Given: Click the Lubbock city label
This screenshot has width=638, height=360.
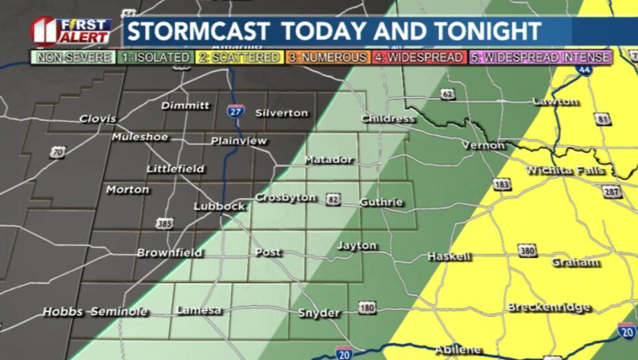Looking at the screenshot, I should click(x=219, y=206).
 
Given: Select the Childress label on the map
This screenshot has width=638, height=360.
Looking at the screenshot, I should click(x=388, y=118).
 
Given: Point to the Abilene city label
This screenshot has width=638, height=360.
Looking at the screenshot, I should click(x=458, y=350).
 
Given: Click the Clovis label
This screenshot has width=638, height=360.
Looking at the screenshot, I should click(x=98, y=118).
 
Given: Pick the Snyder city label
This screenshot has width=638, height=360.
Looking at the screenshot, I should click(x=319, y=313).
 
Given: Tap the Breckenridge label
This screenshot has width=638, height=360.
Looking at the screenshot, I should click(x=549, y=307).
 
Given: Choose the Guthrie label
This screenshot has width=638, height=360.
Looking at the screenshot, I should click(x=381, y=202).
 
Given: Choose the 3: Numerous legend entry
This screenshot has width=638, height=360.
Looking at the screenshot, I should click(x=327, y=57).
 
